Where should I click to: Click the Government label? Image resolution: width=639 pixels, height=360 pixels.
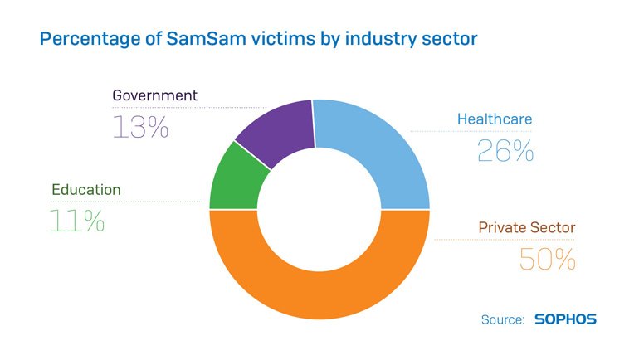(x=155, y=95)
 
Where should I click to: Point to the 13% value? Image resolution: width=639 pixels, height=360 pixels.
(x=141, y=127)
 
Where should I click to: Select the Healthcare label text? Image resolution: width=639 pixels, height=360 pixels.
(x=495, y=119)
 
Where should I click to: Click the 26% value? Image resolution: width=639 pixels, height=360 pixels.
(x=505, y=150)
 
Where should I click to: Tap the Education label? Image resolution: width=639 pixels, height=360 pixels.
(x=86, y=190)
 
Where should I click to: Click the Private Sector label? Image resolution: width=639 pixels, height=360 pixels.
(x=526, y=227)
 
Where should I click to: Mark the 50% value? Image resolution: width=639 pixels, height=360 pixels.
(x=548, y=259)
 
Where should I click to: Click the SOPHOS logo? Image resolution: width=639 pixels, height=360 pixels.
(x=565, y=319)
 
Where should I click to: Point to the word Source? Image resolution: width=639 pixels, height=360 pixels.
(x=503, y=319)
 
